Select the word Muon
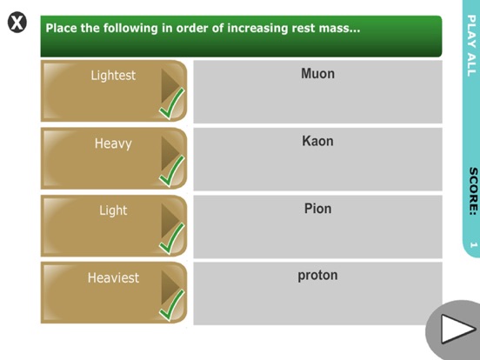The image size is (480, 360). click(x=317, y=74)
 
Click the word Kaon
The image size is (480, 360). click(x=317, y=141)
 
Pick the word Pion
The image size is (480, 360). click(x=317, y=209)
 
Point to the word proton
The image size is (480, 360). click(x=317, y=276)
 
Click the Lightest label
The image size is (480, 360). click(x=113, y=76)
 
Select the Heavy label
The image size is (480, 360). click(x=113, y=143)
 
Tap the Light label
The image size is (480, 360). click(x=113, y=210)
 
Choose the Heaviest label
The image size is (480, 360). click(x=113, y=278)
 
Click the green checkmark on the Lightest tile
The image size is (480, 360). click(x=172, y=103)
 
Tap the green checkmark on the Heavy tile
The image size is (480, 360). click(x=172, y=170)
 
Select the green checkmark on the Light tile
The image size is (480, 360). click(x=172, y=237)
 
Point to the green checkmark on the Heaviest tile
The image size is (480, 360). click(x=172, y=304)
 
